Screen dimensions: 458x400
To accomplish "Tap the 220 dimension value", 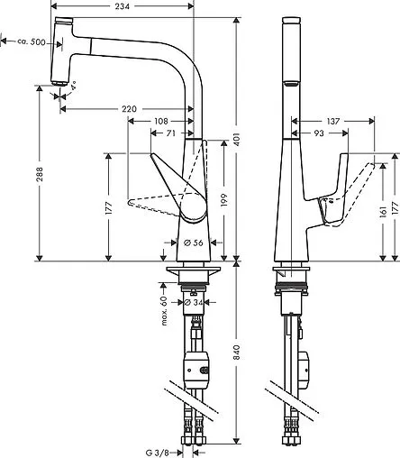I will (x=129, y=109).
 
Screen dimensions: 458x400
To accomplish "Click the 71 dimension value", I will (x=171, y=133).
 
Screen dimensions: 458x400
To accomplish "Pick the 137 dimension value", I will (x=333, y=120).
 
